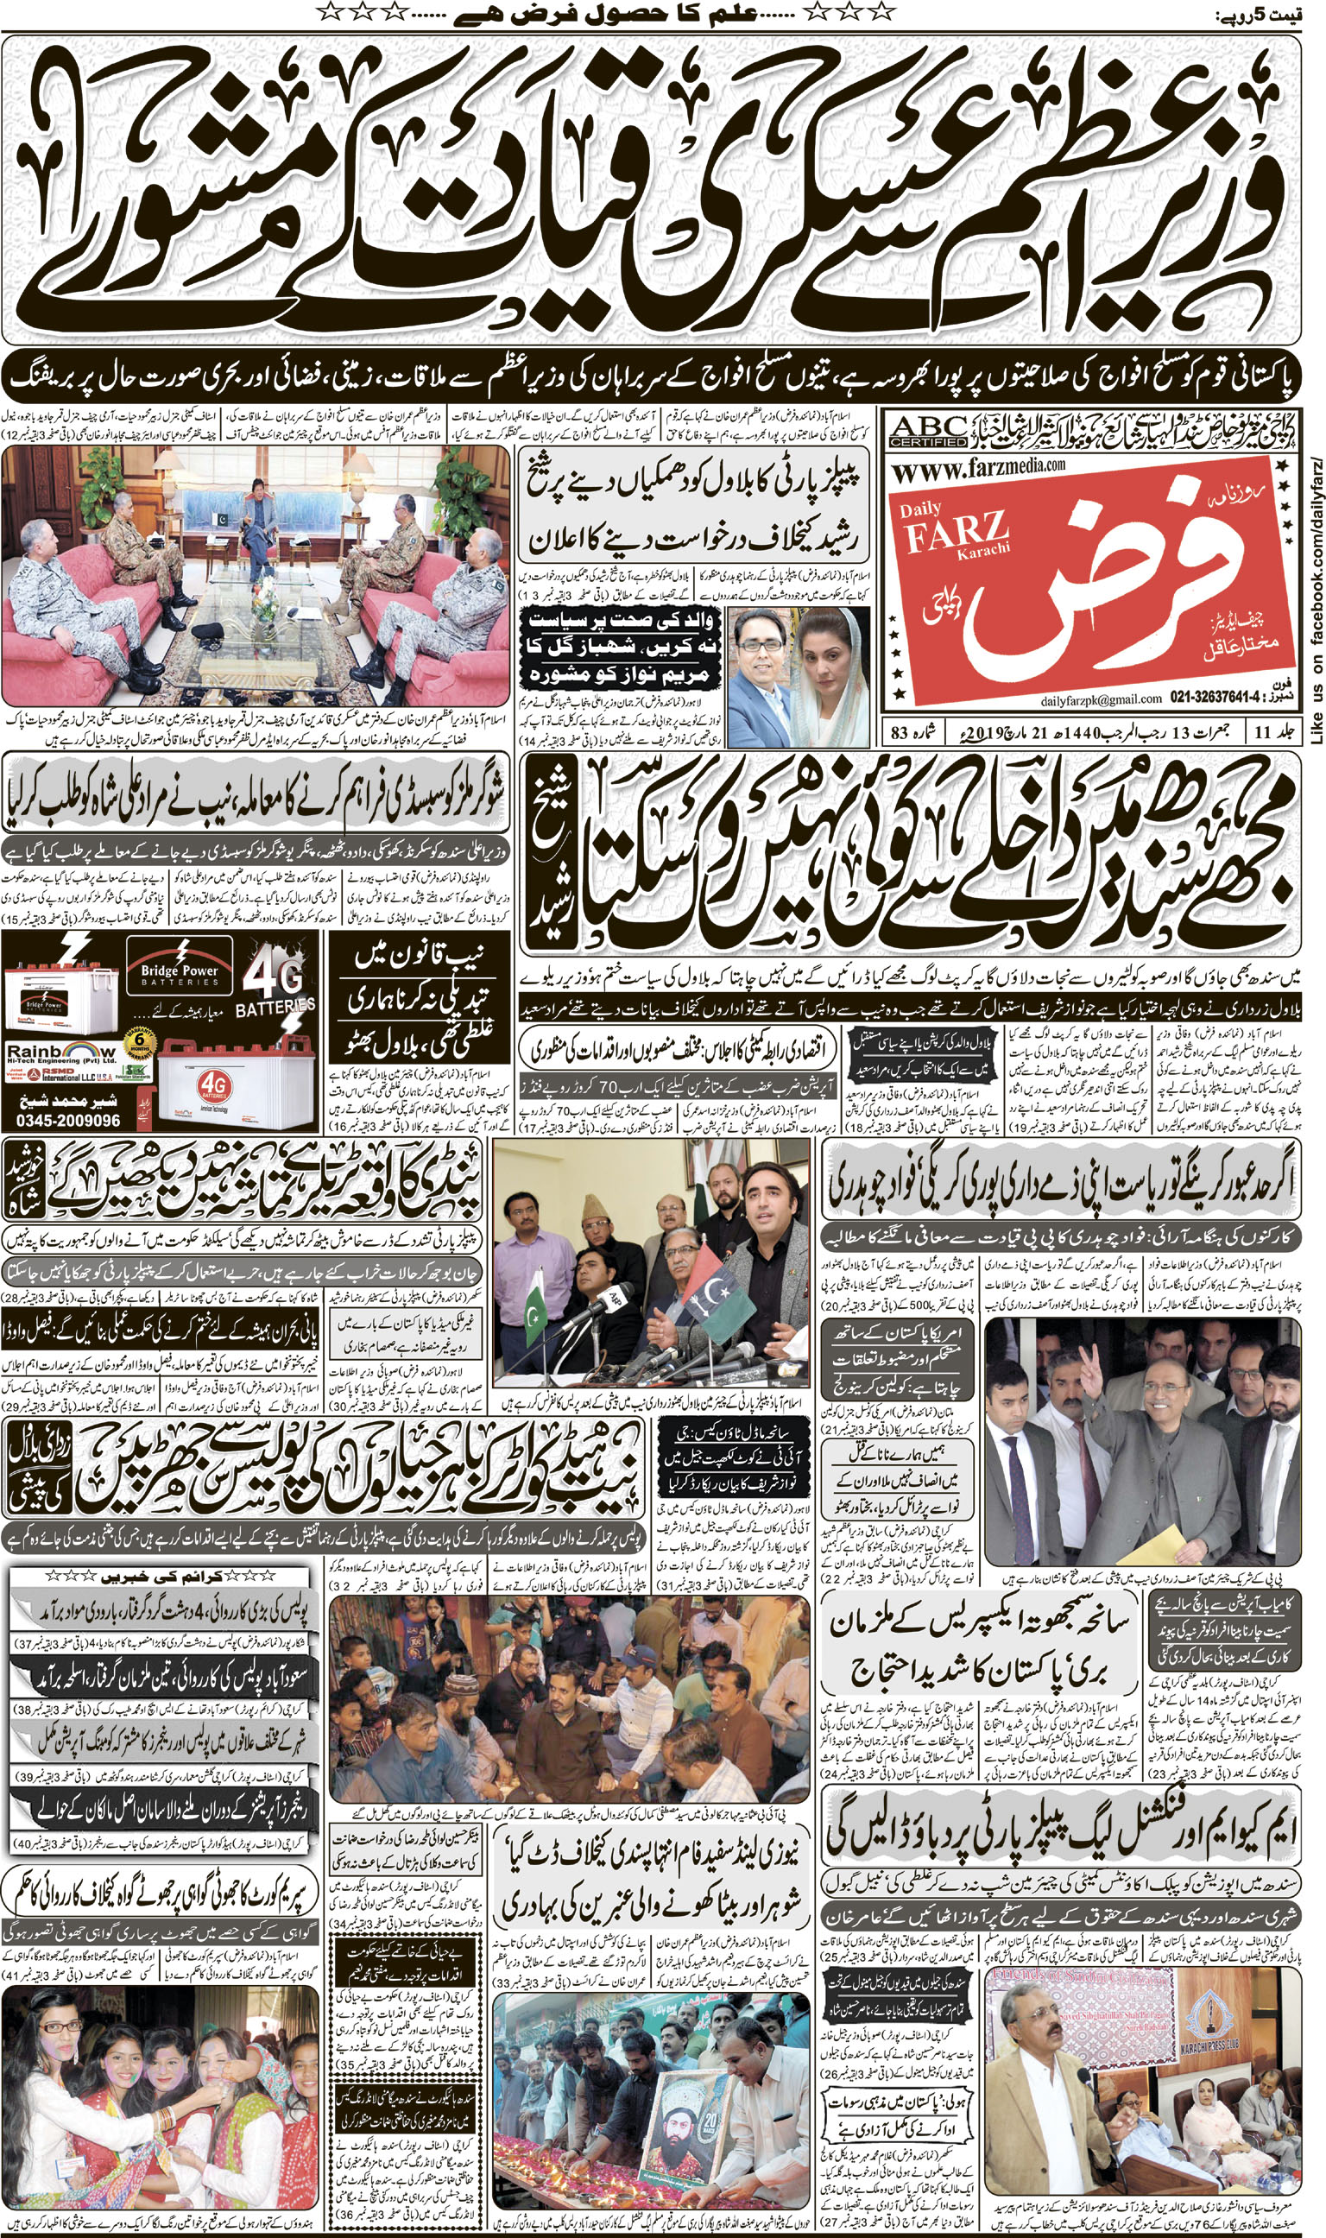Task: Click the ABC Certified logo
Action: coord(928,432)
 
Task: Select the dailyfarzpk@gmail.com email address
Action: coord(1101,699)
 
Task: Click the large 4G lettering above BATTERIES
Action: coord(274,978)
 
